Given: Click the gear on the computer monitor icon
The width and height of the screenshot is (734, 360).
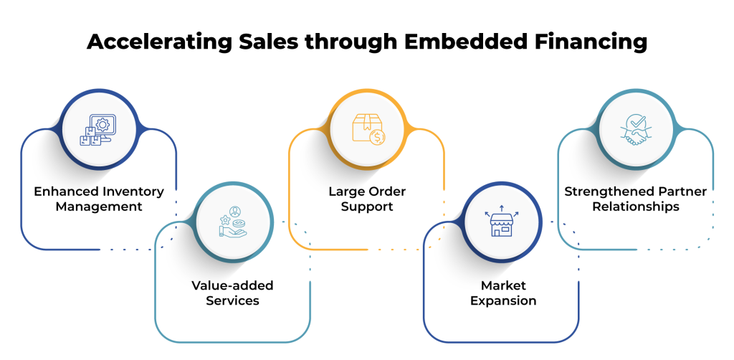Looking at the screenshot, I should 103,124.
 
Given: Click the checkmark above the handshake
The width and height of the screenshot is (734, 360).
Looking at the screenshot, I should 635,122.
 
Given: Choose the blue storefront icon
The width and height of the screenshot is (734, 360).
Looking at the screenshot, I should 502,225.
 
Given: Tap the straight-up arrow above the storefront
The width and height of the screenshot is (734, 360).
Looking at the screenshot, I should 502,209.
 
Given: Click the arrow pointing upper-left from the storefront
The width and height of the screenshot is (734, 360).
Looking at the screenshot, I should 487,214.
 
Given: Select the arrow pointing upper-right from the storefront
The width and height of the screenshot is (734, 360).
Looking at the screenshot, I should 515,214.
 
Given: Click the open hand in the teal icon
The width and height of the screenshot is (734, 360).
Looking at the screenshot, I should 231,232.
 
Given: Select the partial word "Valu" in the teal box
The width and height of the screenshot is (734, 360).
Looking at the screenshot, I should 209,285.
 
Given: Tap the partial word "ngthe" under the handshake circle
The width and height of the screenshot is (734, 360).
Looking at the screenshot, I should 609,191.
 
